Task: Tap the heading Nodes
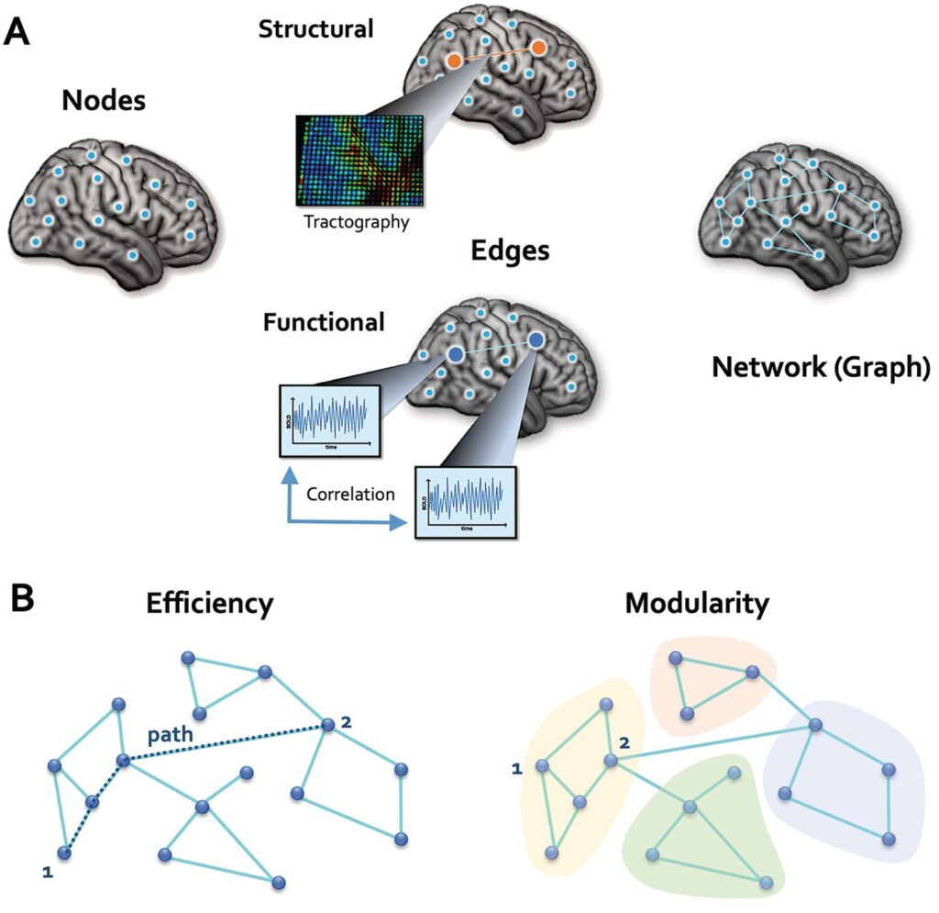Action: click(x=104, y=100)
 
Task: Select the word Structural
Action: click(x=315, y=28)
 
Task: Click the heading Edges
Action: click(x=510, y=251)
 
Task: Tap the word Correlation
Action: click(x=351, y=494)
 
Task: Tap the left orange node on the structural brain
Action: click(x=454, y=61)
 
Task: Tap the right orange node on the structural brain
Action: click(x=538, y=47)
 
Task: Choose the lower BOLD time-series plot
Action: click(x=467, y=503)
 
